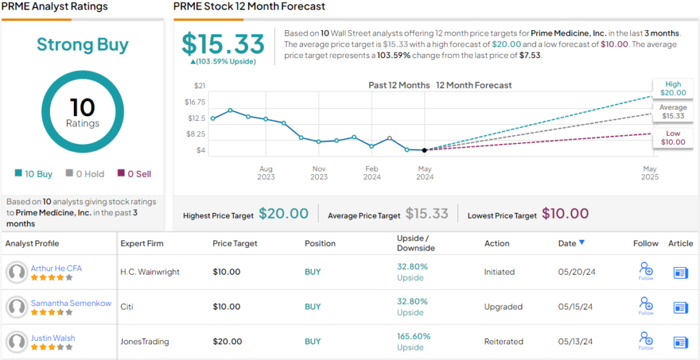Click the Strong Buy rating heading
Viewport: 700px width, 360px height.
click(x=82, y=45)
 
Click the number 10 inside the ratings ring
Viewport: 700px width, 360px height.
click(x=82, y=107)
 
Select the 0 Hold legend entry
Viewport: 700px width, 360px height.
click(x=85, y=174)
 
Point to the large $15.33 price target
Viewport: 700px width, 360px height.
click(x=223, y=44)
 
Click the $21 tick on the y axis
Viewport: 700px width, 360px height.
click(x=200, y=85)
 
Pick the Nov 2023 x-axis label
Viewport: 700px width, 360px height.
click(x=319, y=173)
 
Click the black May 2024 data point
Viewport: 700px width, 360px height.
click(x=425, y=150)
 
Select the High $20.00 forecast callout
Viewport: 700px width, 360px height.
click(x=673, y=88)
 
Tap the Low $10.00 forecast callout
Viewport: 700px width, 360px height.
click(x=673, y=138)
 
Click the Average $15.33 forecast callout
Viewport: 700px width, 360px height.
click(x=673, y=112)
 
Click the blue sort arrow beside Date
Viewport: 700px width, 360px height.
click(x=582, y=243)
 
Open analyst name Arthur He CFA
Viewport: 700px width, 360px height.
click(x=56, y=268)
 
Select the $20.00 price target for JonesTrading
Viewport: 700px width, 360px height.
click(x=226, y=342)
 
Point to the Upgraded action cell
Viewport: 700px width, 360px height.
click(x=503, y=307)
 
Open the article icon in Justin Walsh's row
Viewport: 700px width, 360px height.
click(x=680, y=342)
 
